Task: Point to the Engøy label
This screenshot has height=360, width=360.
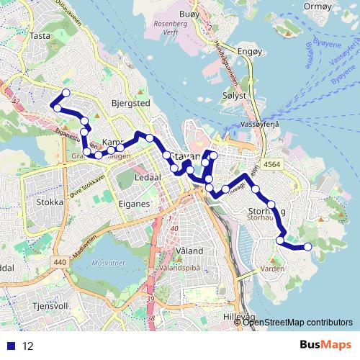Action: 247,53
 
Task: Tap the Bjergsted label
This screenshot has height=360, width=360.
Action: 130,104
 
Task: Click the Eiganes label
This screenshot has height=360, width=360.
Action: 135,204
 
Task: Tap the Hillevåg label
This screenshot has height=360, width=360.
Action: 239,316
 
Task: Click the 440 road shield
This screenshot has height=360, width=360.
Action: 59,262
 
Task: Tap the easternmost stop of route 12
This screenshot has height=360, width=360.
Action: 307,247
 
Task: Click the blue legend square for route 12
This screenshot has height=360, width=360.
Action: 9,346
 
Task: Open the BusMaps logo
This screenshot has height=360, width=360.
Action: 327,346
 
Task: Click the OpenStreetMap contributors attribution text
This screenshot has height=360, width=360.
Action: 298,322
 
